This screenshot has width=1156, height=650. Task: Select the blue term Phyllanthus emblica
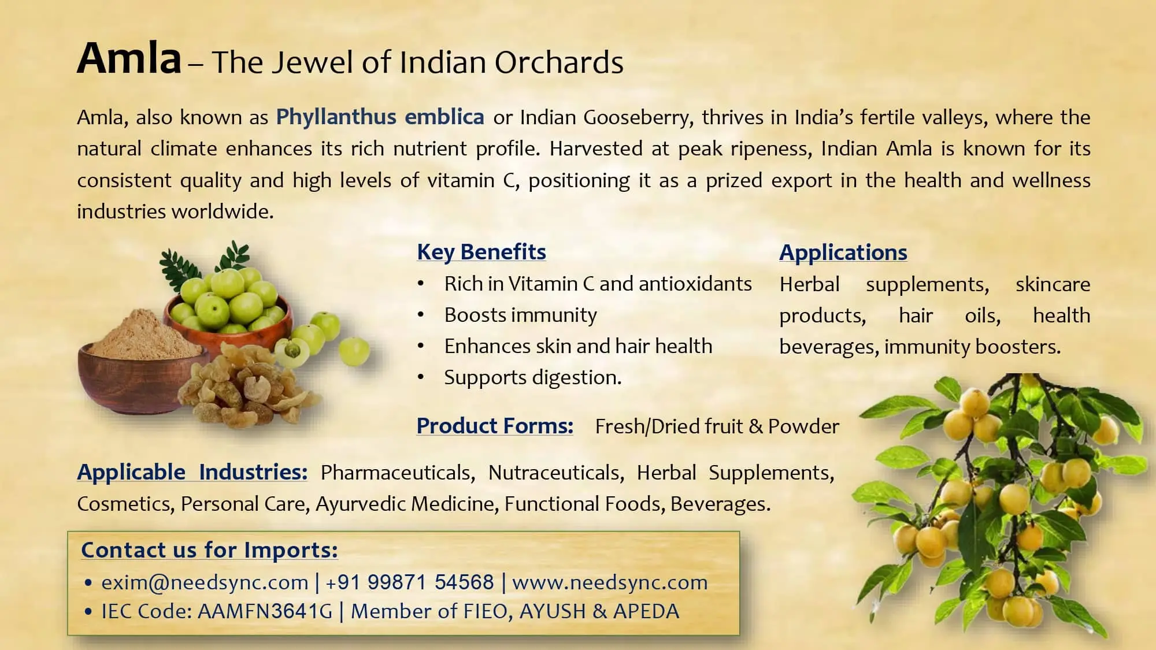click(x=380, y=117)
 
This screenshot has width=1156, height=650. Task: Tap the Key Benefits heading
click(x=481, y=252)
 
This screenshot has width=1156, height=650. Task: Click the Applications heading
click(x=843, y=252)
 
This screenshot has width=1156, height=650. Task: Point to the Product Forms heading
click(x=495, y=426)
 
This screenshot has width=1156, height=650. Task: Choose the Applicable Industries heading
click(x=192, y=472)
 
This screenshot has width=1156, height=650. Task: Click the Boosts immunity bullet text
click(x=520, y=315)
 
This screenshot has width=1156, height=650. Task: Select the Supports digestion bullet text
click(x=532, y=377)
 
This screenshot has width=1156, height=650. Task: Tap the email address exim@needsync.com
click(x=205, y=582)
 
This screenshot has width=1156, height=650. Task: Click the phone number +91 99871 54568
click(x=410, y=582)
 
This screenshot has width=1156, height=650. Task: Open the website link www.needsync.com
click(x=610, y=582)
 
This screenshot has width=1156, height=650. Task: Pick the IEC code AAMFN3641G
click(x=265, y=611)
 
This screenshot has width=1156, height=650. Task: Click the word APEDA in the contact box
click(x=646, y=611)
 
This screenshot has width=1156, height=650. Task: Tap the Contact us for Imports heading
click(x=209, y=549)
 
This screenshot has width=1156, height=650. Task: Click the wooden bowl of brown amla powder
click(x=136, y=370)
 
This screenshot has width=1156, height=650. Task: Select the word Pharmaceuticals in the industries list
click(x=398, y=473)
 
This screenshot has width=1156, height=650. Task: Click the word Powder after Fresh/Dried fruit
click(x=803, y=426)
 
